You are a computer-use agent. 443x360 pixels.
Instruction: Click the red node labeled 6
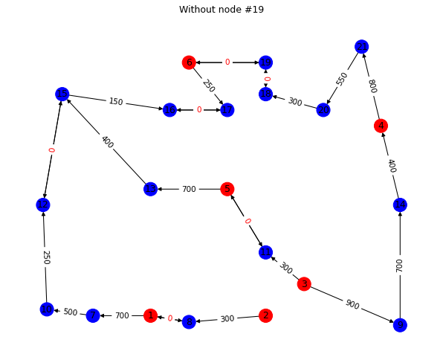(x=189, y=62)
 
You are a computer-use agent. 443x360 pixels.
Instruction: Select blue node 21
(x=361, y=47)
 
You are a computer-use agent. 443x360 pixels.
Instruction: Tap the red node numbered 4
(x=381, y=126)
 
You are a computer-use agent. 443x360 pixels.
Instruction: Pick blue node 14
(x=400, y=205)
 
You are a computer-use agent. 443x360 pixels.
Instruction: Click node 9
(x=400, y=325)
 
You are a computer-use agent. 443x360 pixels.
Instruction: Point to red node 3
(x=304, y=284)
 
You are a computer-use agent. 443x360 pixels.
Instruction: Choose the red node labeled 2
(x=265, y=315)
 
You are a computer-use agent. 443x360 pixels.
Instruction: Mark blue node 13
(x=151, y=189)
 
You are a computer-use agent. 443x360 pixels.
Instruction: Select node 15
(x=62, y=94)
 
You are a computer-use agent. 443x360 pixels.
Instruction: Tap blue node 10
(x=47, y=309)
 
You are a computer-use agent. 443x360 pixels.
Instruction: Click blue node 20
(x=323, y=110)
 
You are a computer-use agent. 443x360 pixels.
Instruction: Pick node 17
(x=227, y=110)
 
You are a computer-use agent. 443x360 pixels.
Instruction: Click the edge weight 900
(x=352, y=304)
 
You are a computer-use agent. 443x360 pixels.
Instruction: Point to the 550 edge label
(x=343, y=78)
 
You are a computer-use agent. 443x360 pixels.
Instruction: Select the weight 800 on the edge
(x=372, y=86)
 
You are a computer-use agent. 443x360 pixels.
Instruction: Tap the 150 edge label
(x=116, y=102)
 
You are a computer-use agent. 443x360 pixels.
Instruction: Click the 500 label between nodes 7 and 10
(x=70, y=312)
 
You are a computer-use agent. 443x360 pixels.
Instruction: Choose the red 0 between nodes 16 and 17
(x=198, y=110)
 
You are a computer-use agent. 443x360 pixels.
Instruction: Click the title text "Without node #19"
(x=221, y=10)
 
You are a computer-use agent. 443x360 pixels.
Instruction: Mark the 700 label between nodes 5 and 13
(x=189, y=189)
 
